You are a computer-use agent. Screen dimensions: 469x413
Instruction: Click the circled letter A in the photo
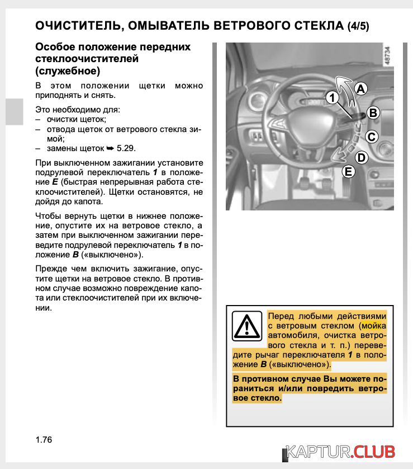click(x=361, y=88)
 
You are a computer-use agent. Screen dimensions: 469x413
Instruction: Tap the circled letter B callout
click(x=373, y=113)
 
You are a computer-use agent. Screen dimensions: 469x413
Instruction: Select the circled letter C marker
click(x=372, y=136)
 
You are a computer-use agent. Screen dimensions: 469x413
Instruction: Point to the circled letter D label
click(x=361, y=158)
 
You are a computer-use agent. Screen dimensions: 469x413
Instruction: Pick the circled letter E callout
click(x=348, y=171)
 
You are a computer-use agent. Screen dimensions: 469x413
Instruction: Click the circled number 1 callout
click(x=332, y=97)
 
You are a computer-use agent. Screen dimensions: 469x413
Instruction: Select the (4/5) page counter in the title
click(x=358, y=26)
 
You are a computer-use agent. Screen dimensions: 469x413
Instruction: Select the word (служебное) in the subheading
click(x=68, y=71)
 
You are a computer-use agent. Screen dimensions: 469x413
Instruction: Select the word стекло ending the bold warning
click(x=266, y=398)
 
